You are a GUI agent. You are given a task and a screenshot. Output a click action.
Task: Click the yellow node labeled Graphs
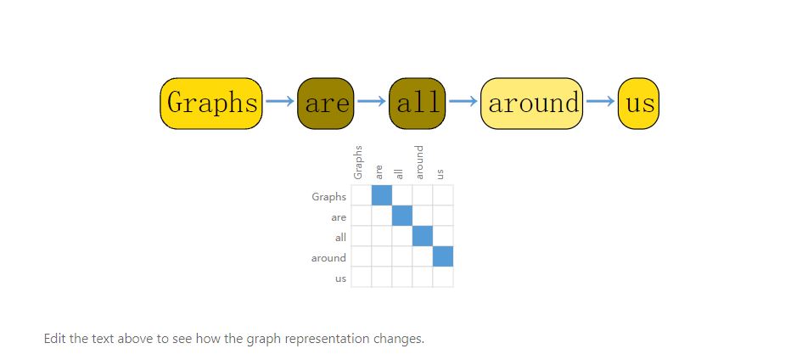[x=211, y=104]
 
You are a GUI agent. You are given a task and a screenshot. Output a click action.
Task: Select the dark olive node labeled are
[x=326, y=104]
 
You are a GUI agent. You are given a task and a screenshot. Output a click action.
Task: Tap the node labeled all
[x=418, y=104]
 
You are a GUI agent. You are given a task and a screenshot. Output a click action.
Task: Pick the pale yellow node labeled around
[x=532, y=104]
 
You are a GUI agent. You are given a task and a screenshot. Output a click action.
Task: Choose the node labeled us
[x=638, y=104]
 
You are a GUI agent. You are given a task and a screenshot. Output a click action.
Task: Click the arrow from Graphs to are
[x=280, y=101]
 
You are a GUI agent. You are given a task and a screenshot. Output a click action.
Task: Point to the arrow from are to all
[x=372, y=101]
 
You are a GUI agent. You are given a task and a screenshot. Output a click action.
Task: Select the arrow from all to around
[x=463, y=101]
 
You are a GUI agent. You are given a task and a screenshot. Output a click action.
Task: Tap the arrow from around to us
[x=601, y=101]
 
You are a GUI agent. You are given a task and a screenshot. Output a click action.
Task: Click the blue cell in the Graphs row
[x=382, y=195]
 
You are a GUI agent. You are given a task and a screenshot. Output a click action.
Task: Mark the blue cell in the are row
[x=402, y=216]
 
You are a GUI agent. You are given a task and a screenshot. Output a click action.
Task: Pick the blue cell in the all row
[x=423, y=236]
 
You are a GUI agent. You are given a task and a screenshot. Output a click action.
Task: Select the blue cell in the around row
[x=443, y=256]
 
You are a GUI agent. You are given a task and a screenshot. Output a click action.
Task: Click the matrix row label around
[x=329, y=258]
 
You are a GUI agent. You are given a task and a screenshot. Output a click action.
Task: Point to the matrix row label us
[x=341, y=278]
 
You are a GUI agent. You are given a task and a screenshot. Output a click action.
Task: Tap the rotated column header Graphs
[x=358, y=162]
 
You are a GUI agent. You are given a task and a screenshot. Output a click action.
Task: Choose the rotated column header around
[x=420, y=162]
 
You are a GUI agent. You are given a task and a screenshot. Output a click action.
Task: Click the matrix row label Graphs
[x=329, y=197]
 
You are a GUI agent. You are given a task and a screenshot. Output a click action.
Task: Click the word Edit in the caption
[x=54, y=338]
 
